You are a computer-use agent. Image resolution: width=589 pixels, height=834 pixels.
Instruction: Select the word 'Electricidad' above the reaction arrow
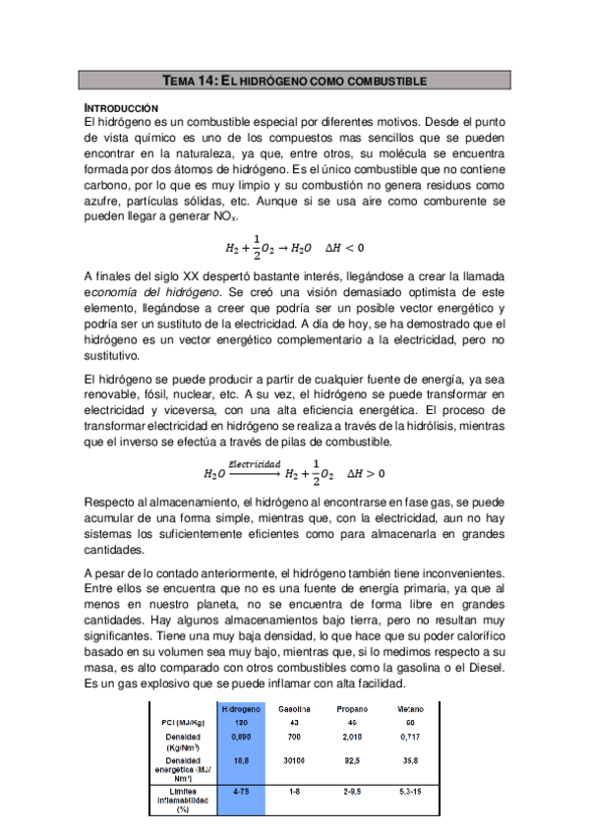(x=256, y=463)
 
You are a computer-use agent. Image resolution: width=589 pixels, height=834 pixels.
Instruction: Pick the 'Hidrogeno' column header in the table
(x=240, y=709)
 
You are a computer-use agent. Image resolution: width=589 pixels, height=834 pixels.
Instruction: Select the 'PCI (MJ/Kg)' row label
(x=183, y=723)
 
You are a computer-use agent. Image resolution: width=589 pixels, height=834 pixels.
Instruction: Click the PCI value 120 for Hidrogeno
(x=240, y=723)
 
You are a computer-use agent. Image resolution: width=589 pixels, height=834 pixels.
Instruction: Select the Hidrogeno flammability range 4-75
(x=240, y=790)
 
